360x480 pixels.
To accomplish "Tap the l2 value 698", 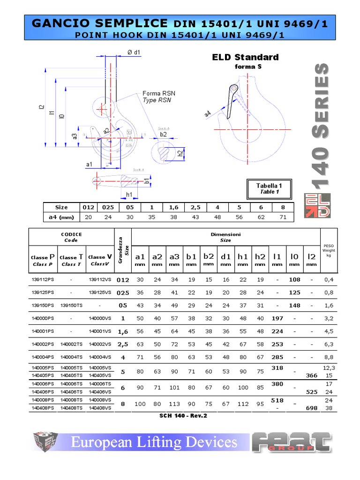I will (312, 408).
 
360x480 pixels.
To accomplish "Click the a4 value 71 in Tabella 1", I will (282, 217).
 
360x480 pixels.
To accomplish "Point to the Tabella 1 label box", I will (270, 188).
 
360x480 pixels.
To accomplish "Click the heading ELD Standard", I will (245, 57).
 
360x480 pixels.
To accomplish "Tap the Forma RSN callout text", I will (159, 93).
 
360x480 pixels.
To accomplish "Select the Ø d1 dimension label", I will (134, 52).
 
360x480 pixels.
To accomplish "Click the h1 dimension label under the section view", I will (129, 194).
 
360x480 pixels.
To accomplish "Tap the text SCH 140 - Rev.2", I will (183, 415).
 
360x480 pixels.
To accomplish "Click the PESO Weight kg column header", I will (329, 250).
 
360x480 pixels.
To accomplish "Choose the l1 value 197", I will (277, 318).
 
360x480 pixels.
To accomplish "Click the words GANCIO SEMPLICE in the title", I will (99, 23).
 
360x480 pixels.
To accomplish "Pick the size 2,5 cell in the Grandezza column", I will (122, 344).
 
